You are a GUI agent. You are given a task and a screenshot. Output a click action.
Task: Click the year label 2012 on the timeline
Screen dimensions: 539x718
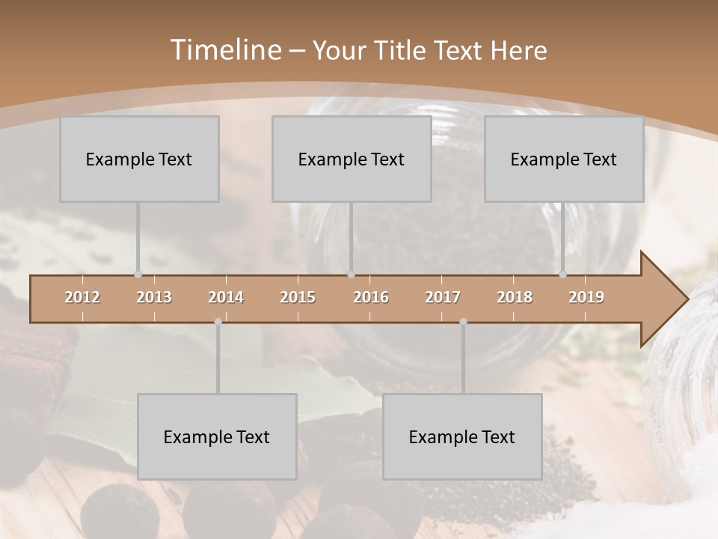coord(82,297)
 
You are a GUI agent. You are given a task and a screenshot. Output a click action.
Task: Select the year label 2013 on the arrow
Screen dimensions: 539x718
coord(154,297)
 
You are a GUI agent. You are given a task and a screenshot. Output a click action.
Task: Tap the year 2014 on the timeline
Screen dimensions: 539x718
coord(226,297)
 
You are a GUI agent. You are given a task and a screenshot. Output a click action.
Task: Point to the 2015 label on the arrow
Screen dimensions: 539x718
coord(298,297)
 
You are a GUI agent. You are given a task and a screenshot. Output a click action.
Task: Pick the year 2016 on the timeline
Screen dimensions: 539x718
coord(371,297)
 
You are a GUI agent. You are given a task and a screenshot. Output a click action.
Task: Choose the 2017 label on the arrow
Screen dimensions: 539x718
coord(443,297)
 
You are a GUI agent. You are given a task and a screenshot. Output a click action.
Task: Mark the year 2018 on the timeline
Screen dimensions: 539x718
coord(515,297)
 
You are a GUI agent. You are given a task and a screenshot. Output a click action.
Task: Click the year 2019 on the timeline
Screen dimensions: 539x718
coord(586,297)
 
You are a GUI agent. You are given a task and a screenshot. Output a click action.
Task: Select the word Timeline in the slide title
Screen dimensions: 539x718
coord(224,50)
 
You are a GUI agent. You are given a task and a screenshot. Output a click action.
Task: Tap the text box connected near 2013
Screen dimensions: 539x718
coord(139,159)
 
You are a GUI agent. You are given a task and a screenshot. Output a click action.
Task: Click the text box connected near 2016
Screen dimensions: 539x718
coord(352,159)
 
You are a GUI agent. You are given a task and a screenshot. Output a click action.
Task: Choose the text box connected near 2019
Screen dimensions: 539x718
coord(564,159)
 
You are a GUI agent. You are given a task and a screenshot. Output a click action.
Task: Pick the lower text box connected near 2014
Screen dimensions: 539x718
coord(217,436)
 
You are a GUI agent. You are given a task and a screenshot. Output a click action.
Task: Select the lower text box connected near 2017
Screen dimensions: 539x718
coord(462,436)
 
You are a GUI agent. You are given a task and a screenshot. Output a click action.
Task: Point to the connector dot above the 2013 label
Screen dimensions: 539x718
coord(138,274)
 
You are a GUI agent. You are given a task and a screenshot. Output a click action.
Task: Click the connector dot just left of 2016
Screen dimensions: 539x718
coord(352,274)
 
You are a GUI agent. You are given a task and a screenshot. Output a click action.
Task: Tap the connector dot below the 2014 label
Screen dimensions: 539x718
coord(218,322)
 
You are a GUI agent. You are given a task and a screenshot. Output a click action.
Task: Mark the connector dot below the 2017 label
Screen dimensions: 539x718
coord(463,322)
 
